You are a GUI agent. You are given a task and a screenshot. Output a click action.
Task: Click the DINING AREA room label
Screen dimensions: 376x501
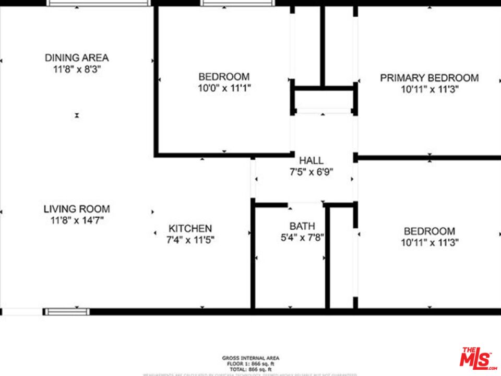[x=77, y=57]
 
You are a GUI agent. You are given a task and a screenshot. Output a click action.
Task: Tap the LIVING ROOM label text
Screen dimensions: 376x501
[x=77, y=209]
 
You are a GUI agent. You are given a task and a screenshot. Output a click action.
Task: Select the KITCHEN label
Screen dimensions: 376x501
[x=190, y=228]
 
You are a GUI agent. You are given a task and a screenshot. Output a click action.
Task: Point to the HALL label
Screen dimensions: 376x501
[x=311, y=160]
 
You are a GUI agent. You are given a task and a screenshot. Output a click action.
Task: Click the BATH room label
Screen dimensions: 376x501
[x=302, y=226]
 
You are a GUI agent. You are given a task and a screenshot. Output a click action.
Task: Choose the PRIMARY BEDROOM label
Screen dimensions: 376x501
[x=429, y=78]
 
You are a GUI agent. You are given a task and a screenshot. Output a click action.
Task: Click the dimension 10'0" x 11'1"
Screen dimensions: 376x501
[x=224, y=88]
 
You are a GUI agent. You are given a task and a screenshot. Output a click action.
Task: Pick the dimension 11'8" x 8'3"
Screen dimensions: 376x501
[x=77, y=69]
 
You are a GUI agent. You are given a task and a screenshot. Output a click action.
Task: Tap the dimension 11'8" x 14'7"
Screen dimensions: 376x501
[x=77, y=220]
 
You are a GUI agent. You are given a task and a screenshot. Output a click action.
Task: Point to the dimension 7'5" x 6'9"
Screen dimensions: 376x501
[x=311, y=172]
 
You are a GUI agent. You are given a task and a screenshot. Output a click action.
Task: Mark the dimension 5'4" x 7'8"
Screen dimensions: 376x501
[x=302, y=238]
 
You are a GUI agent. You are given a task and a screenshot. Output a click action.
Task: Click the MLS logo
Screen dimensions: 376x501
[x=478, y=359]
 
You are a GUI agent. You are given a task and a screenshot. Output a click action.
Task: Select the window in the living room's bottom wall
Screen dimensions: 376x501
[x=66, y=312]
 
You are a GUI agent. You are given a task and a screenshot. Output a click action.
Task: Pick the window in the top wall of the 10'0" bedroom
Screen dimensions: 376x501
[x=238, y=3]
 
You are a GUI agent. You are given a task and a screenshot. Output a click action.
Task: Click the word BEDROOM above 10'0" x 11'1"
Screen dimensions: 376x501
[x=224, y=77]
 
